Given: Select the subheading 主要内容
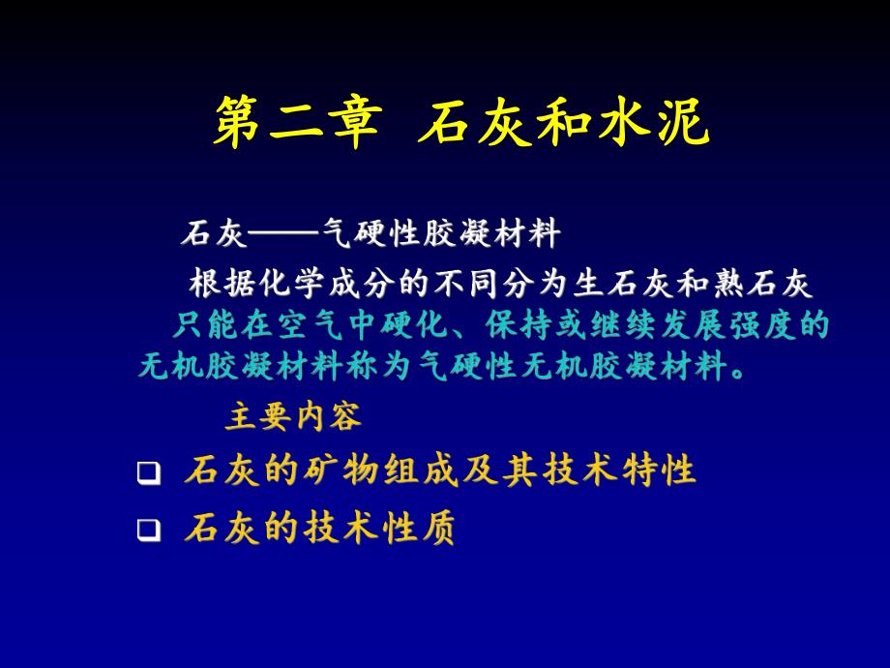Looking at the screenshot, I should click(294, 417).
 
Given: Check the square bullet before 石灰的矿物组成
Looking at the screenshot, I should click(148, 473).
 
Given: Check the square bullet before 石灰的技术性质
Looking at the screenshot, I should click(148, 530).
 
